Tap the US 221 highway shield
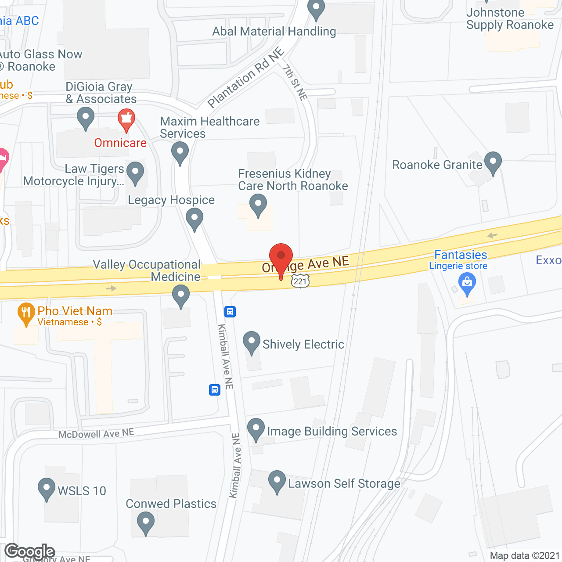(300, 281)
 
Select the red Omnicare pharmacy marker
(126, 120)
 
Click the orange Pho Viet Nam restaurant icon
(26, 313)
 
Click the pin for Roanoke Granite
(493, 162)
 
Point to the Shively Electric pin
(252, 342)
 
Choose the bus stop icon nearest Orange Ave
(230, 312)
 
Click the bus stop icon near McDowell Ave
(215, 389)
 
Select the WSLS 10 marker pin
(47, 489)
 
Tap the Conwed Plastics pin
(146, 523)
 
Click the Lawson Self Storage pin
(277, 482)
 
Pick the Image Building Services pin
(256, 429)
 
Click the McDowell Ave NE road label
(96, 434)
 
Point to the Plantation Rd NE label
(246, 78)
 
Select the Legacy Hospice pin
(195, 219)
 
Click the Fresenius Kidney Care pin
(258, 205)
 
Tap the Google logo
(30, 551)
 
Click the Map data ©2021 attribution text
(525, 555)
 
